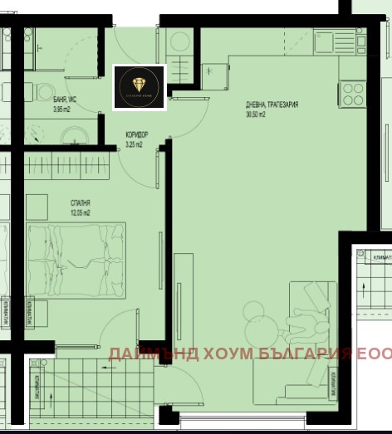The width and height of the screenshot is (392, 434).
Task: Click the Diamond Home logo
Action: [x=140, y=87]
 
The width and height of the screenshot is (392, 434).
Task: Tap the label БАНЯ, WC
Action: [x=66, y=99]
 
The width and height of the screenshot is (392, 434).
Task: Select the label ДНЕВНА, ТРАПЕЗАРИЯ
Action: [x=272, y=105]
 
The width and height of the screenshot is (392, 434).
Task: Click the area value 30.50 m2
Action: [x=256, y=115]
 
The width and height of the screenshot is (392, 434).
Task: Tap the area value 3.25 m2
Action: [x=135, y=144]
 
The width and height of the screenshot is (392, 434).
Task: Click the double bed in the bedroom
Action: [x=75, y=258]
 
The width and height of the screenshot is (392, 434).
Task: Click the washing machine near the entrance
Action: [x=179, y=41]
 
